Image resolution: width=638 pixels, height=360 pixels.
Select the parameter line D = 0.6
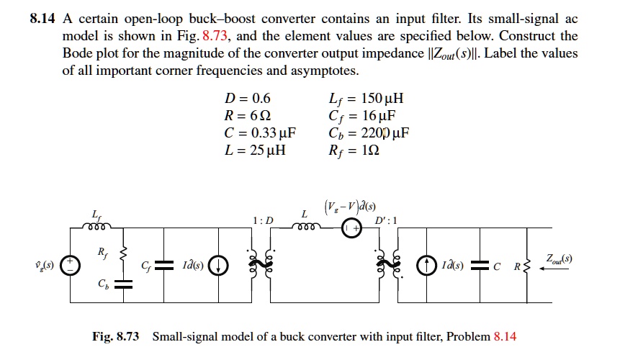(x=248, y=99)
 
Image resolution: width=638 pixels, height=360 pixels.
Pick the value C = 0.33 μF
(x=261, y=134)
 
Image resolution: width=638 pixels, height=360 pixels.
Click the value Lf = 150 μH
(x=365, y=99)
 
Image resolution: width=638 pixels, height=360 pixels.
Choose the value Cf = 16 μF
(x=361, y=117)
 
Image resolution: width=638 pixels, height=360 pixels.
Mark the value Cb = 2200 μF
(x=368, y=134)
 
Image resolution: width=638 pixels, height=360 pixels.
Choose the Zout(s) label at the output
(x=560, y=257)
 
